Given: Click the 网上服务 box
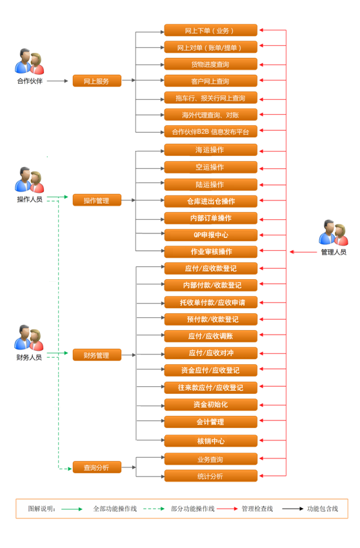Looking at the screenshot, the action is click(x=97, y=81).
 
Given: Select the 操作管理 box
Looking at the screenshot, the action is click(x=97, y=201).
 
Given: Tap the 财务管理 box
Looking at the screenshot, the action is click(x=97, y=355).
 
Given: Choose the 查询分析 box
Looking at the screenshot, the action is click(x=97, y=467).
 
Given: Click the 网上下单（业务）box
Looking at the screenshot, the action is click(x=210, y=30).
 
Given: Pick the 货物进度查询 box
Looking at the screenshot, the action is click(x=210, y=64).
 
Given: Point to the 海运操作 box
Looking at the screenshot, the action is click(x=210, y=150).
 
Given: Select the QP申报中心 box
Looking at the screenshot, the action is click(x=210, y=235).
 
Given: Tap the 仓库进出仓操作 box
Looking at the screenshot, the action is click(x=210, y=201).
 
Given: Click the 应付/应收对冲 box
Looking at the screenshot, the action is click(x=210, y=353).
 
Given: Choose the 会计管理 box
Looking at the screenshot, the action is click(x=210, y=422).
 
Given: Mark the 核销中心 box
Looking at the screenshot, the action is click(x=210, y=441).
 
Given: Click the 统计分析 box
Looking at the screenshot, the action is click(x=210, y=476).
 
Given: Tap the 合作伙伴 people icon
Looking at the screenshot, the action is click(x=30, y=61).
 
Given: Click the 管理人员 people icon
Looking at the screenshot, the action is click(x=334, y=233).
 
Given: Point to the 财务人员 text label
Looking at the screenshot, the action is click(x=29, y=357).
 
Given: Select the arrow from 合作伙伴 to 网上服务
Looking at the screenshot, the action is click(x=57, y=81).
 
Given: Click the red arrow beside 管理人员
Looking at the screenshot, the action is click(x=303, y=251).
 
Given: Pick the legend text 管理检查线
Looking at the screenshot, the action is click(x=257, y=509).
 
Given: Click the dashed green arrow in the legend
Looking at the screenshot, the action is click(x=154, y=509).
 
